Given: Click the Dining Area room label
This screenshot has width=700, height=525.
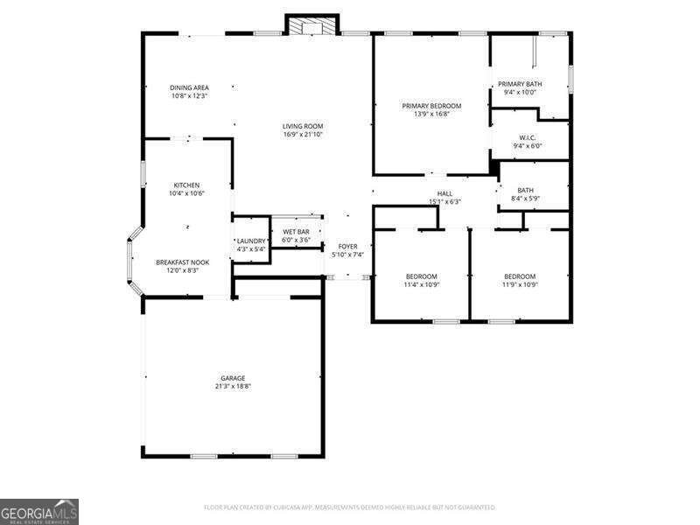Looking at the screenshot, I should click(188, 87).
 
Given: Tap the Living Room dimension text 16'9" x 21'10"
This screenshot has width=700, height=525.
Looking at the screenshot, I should click(303, 134).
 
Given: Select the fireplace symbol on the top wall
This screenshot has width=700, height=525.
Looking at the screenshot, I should click(312, 27).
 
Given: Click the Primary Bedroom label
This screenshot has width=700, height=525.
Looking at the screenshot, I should click(431, 106).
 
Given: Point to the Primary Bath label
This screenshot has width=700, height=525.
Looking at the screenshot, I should click(521, 84).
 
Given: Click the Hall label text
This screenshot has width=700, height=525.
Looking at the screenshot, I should click(444, 193).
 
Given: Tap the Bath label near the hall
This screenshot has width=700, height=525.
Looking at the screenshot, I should click(525, 190).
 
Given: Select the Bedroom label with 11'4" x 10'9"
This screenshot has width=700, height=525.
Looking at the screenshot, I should click(421, 276).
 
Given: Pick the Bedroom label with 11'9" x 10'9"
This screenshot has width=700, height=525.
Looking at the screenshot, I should click(519, 276).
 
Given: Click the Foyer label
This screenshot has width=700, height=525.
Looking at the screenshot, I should click(348, 247).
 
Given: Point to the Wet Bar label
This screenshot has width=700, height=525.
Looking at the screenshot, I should click(296, 232).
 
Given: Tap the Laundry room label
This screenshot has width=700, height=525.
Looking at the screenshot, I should click(251, 241).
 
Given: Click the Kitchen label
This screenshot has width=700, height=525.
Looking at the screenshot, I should click(187, 185).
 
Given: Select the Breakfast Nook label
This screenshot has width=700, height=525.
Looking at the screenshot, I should click(183, 262).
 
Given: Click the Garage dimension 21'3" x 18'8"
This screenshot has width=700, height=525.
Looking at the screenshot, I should click(233, 386).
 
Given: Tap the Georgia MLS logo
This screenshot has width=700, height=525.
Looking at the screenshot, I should click(39, 510).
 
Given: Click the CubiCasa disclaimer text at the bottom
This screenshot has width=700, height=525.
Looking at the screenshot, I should click(349, 507).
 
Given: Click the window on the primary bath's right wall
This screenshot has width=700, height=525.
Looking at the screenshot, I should click(570, 77).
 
